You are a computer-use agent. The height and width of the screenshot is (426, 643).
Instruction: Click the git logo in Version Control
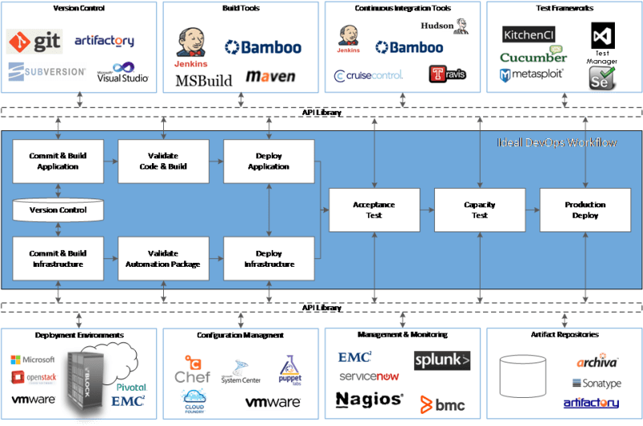click(34, 41)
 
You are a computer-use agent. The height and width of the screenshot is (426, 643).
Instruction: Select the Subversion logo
click(47, 71)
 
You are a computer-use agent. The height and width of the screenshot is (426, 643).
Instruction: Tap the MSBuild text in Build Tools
click(203, 80)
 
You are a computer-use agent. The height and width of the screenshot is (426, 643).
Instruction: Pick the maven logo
click(270, 77)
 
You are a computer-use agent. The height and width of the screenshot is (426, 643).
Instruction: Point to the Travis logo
click(447, 75)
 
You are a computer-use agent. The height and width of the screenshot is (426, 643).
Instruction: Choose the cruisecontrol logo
click(368, 76)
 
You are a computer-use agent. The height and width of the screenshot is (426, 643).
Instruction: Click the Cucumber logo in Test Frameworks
click(533, 57)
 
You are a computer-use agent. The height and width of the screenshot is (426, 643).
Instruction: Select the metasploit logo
click(531, 76)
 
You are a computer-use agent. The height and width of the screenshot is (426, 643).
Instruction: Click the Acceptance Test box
click(374, 210)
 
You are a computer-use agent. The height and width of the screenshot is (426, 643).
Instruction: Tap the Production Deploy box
click(584, 210)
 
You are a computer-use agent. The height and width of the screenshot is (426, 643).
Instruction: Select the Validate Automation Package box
click(163, 258)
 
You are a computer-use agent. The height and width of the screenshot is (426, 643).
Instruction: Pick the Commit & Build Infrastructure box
click(57, 258)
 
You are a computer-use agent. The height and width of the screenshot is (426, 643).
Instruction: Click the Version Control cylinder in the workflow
click(57, 210)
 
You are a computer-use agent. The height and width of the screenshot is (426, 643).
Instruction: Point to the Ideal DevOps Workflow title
click(556, 142)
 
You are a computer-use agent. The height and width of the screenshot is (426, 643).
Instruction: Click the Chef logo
click(192, 370)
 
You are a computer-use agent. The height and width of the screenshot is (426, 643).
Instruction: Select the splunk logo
click(442, 360)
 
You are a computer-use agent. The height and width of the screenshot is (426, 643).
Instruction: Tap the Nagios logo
click(368, 399)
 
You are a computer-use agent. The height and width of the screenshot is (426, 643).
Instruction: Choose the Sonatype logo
click(596, 383)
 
